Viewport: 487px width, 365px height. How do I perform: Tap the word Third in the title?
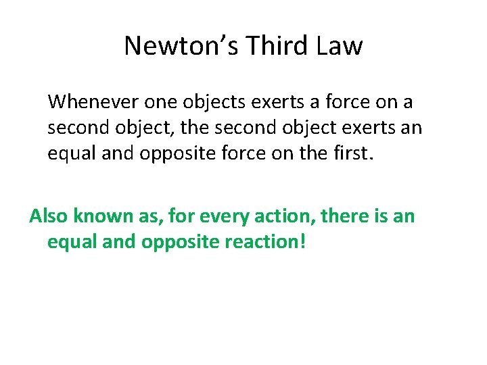[267, 46]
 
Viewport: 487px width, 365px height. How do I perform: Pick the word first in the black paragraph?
[349, 153]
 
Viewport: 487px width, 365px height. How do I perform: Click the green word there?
[342, 216]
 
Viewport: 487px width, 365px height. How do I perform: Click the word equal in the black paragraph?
[70, 155]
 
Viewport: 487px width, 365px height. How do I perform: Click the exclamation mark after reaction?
[302, 241]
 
